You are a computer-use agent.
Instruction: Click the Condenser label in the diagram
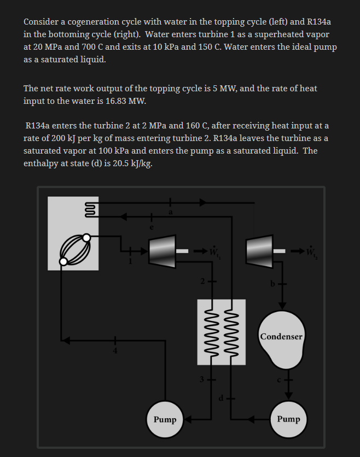pyautogui.click(x=281, y=337)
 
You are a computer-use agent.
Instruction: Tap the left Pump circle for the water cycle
pyautogui.click(x=165, y=420)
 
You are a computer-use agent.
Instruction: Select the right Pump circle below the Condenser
pyautogui.click(x=288, y=419)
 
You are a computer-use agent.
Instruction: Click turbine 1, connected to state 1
pyautogui.click(x=162, y=252)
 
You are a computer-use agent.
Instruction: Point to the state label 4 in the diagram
pyautogui.click(x=115, y=350)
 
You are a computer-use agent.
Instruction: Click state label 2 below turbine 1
pyautogui.click(x=201, y=282)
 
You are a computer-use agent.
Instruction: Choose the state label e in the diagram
pyautogui.click(x=153, y=227)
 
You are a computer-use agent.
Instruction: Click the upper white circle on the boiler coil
pyautogui.click(x=87, y=238)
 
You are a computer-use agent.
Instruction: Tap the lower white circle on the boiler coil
pyautogui.click(x=63, y=261)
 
